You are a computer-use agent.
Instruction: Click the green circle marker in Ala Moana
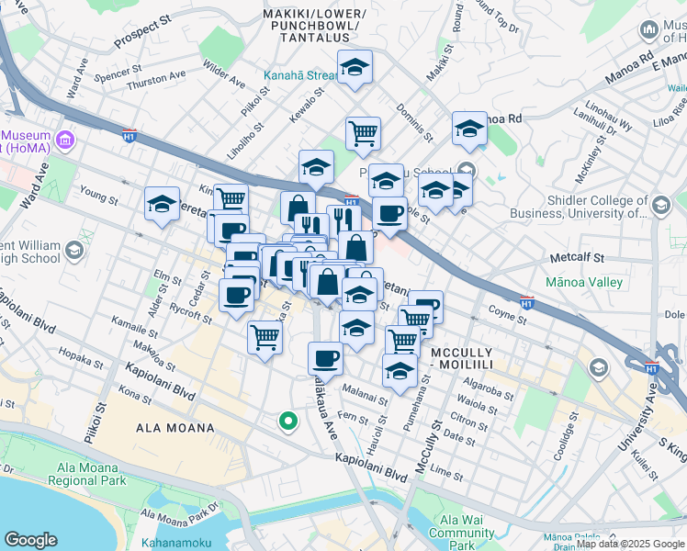click(287, 422)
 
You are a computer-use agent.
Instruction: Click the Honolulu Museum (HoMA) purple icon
click(64, 140)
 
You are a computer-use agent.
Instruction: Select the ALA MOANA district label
click(175, 428)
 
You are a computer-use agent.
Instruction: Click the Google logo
click(30, 540)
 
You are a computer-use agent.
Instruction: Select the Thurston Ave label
click(156, 81)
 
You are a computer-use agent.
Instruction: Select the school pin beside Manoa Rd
click(469, 129)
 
